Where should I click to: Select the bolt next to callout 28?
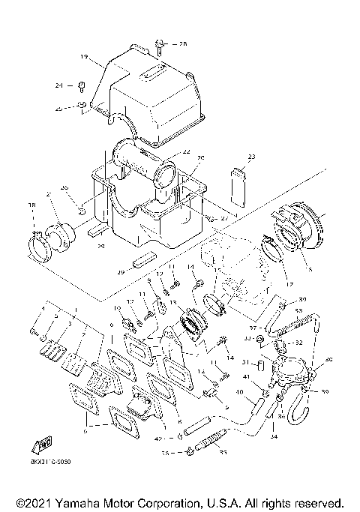pyautogui.click(x=160, y=45)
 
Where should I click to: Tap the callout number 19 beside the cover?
pyautogui.click(x=83, y=57)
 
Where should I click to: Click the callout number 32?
pyautogui.click(x=298, y=343)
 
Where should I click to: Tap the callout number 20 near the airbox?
pyautogui.click(x=200, y=158)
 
